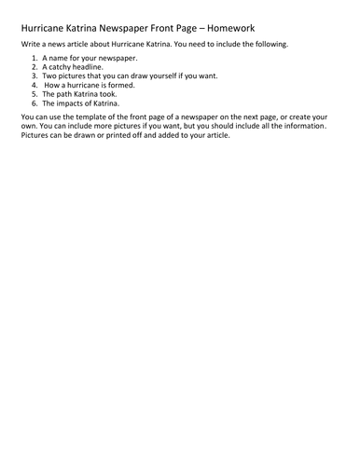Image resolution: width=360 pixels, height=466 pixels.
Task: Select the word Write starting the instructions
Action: coord(30,46)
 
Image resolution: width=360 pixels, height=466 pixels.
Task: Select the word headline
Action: coord(99,68)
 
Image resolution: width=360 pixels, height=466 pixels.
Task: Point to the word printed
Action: coord(111,134)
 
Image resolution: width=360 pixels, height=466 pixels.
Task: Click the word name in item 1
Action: coord(64,59)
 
